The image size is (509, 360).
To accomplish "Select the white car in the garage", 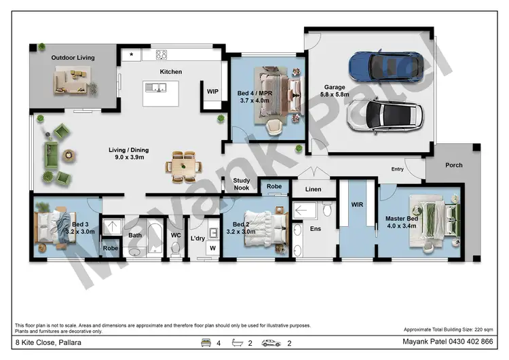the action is pos(385,115).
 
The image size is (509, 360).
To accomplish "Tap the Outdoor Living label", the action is pos(73,58).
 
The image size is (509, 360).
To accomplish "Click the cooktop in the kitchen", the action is pos(162,54).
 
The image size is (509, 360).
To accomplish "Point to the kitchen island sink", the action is pos(155,88).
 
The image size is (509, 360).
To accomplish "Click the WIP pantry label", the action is pos(212,92).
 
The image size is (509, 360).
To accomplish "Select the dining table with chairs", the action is pos(183,166).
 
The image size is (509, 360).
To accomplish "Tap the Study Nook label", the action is pos(242,184).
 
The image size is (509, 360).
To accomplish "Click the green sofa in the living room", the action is pos(52,155).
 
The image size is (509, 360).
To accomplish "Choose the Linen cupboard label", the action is pos(314,189).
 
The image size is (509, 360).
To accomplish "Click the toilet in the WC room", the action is pos(176,248).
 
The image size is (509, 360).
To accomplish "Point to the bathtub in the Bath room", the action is pos(155,238).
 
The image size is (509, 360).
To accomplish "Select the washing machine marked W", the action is pos(212,248).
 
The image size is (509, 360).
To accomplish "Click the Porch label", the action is pos(454,165).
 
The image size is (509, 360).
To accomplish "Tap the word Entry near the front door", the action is pos(397,169).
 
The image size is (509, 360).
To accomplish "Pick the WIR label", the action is pos(357,204).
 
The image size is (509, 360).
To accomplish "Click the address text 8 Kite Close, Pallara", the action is pos(48,342).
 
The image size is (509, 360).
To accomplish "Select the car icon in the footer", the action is pos(271,343).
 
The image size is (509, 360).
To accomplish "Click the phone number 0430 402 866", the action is pos(471,342).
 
